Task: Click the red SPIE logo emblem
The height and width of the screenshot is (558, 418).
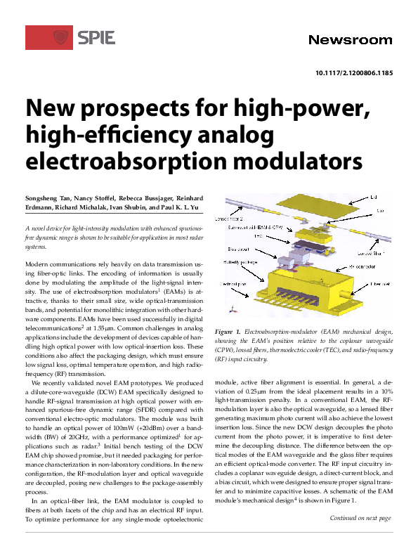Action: [x=49, y=37]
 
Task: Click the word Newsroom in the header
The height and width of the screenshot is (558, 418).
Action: [x=350, y=39]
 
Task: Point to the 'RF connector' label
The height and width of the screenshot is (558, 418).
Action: [x=370, y=267]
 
